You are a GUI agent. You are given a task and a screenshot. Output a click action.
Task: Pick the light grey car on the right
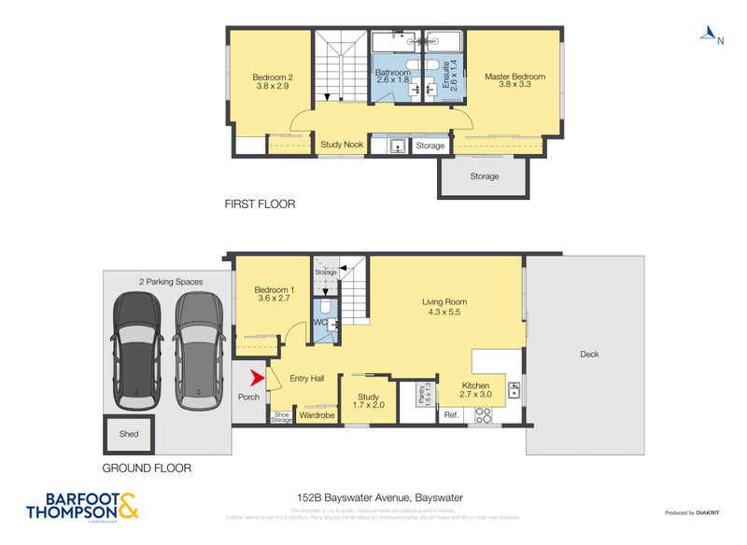pyautogui.click(x=199, y=349)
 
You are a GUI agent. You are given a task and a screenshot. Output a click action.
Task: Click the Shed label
pyautogui.click(x=129, y=434)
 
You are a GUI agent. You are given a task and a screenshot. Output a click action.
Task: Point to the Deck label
pyautogui.click(x=589, y=354)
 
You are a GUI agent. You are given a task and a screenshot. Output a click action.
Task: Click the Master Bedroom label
pyautogui.click(x=514, y=77)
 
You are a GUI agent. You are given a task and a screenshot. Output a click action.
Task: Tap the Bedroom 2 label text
pyautogui.click(x=273, y=77)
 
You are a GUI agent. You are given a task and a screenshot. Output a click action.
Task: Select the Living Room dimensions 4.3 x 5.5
pyautogui.click(x=444, y=312)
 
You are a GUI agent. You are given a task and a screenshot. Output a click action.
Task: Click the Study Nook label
pyautogui.click(x=342, y=145)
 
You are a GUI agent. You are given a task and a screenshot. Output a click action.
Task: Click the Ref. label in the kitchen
pyautogui.click(x=450, y=414)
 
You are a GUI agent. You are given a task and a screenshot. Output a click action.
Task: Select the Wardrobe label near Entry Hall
pyautogui.click(x=317, y=415)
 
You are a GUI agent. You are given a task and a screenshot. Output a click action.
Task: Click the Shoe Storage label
pyautogui.click(x=281, y=416)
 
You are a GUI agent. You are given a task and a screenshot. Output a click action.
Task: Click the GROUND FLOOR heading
pyautogui.click(x=148, y=468)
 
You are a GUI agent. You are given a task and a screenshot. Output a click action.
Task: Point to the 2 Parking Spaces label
pyautogui.click(x=171, y=281)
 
